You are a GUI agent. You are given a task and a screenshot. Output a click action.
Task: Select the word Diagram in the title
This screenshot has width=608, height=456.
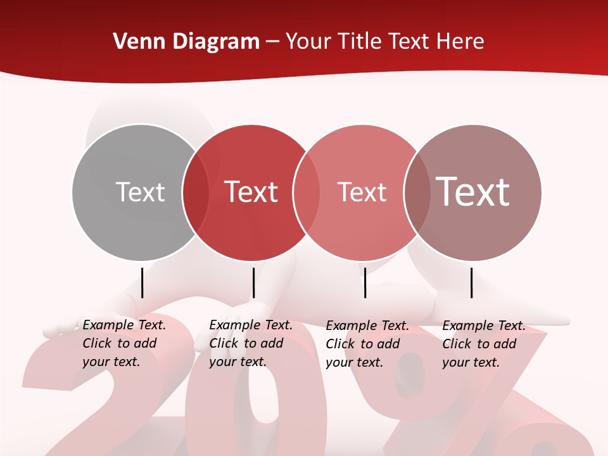pyautogui.click(x=216, y=42)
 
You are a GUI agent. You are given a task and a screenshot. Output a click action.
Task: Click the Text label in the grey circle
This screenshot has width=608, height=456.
pyautogui.click(x=140, y=192)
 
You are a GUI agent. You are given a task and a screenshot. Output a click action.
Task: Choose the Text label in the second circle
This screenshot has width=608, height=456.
pyautogui.click(x=251, y=192)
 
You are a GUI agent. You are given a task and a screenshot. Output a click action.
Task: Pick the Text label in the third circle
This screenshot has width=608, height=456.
pyautogui.click(x=362, y=192)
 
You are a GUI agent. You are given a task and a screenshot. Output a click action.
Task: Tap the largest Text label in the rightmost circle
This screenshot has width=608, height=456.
pyautogui.click(x=472, y=191)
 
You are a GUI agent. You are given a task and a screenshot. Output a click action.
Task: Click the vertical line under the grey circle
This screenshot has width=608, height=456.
pyautogui.click(x=142, y=282)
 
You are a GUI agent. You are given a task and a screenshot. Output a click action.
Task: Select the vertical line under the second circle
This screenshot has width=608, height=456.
pyautogui.click(x=253, y=282)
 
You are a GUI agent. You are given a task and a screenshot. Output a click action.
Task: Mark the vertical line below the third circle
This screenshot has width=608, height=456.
pyautogui.click(x=365, y=282)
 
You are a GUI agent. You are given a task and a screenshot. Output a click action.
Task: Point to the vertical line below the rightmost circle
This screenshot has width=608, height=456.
pyautogui.click(x=472, y=282)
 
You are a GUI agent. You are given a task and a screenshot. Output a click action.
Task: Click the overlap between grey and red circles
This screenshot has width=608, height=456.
pyautogui.click(x=196, y=192)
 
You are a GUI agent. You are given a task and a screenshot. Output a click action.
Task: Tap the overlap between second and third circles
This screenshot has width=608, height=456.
pyautogui.click(x=306, y=192)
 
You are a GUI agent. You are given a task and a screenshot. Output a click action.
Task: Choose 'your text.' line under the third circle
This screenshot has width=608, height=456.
pyautogui.click(x=354, y=362)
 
